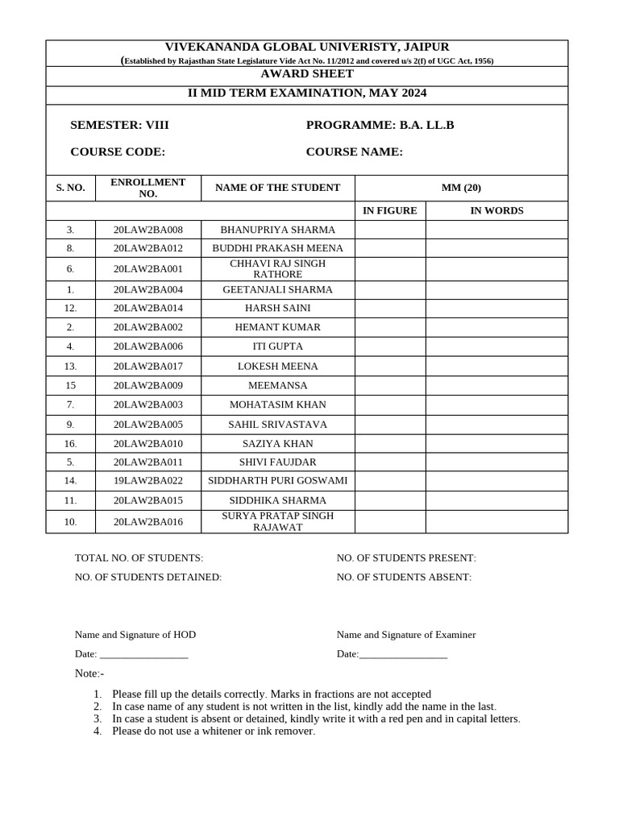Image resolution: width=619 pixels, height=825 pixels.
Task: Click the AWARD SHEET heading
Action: tap(307, 74)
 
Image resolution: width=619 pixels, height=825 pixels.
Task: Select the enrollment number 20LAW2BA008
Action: tap(148, 230)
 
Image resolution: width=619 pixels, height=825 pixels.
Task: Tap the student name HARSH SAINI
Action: tap(277, 308)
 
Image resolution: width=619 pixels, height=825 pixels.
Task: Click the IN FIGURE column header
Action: tap(390, 211)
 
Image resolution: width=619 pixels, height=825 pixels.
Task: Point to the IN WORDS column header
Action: tap(496, 211)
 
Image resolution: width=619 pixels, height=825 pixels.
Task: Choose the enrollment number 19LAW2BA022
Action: tap(148, 481)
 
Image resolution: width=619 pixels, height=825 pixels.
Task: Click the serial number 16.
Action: tap(71, 444)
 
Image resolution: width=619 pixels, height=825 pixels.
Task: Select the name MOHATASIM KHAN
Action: tap(277, 404)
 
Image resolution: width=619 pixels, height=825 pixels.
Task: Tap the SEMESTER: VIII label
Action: tap(120, 126)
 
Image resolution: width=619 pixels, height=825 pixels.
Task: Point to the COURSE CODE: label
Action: tap(118, 152)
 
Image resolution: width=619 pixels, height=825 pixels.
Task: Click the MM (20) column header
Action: tap(461, 188)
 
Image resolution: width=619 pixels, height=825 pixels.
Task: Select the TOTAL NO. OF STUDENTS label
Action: tap(139, 558)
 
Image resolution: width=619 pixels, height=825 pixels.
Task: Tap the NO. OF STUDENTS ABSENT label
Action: tap(404, 578)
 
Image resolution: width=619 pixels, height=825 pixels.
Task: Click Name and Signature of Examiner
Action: tap(406, 635)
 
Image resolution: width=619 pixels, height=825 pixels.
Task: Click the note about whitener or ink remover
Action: tap(213, 732)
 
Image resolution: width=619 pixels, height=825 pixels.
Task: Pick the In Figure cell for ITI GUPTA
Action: tap(390, 346)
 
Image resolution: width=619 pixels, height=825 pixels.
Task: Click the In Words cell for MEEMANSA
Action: tap(496, 385)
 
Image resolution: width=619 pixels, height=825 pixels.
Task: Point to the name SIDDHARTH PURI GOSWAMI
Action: tap(277, 481)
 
